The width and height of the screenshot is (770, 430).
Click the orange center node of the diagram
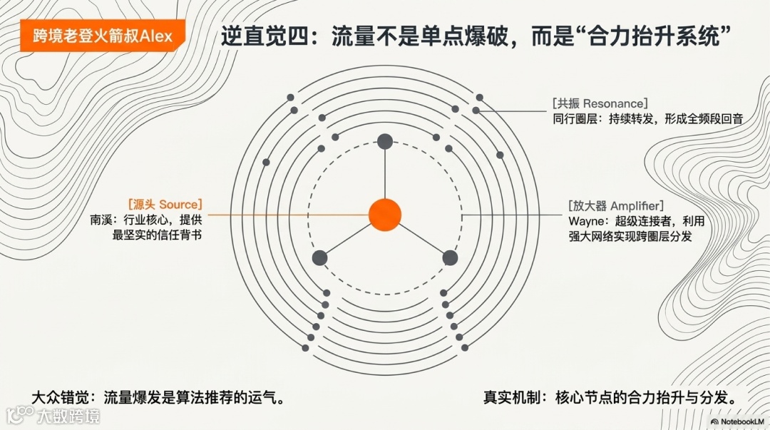point(385,215)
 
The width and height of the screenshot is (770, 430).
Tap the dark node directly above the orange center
point(385,140)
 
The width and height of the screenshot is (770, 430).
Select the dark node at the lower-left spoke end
point(319,258)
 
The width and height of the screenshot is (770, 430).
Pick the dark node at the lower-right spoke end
point(450,258)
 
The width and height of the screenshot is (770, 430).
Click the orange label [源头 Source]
point(165,205)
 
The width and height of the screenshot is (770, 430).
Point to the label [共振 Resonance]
point(600,103)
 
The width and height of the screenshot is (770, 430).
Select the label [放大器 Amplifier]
point(616,205)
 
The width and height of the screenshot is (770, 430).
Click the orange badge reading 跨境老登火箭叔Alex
point(103,36)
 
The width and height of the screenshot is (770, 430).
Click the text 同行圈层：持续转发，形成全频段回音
point(647,119)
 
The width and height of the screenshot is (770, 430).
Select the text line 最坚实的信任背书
point(157,235)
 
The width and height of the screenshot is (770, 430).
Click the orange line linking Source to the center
point(285,215)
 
